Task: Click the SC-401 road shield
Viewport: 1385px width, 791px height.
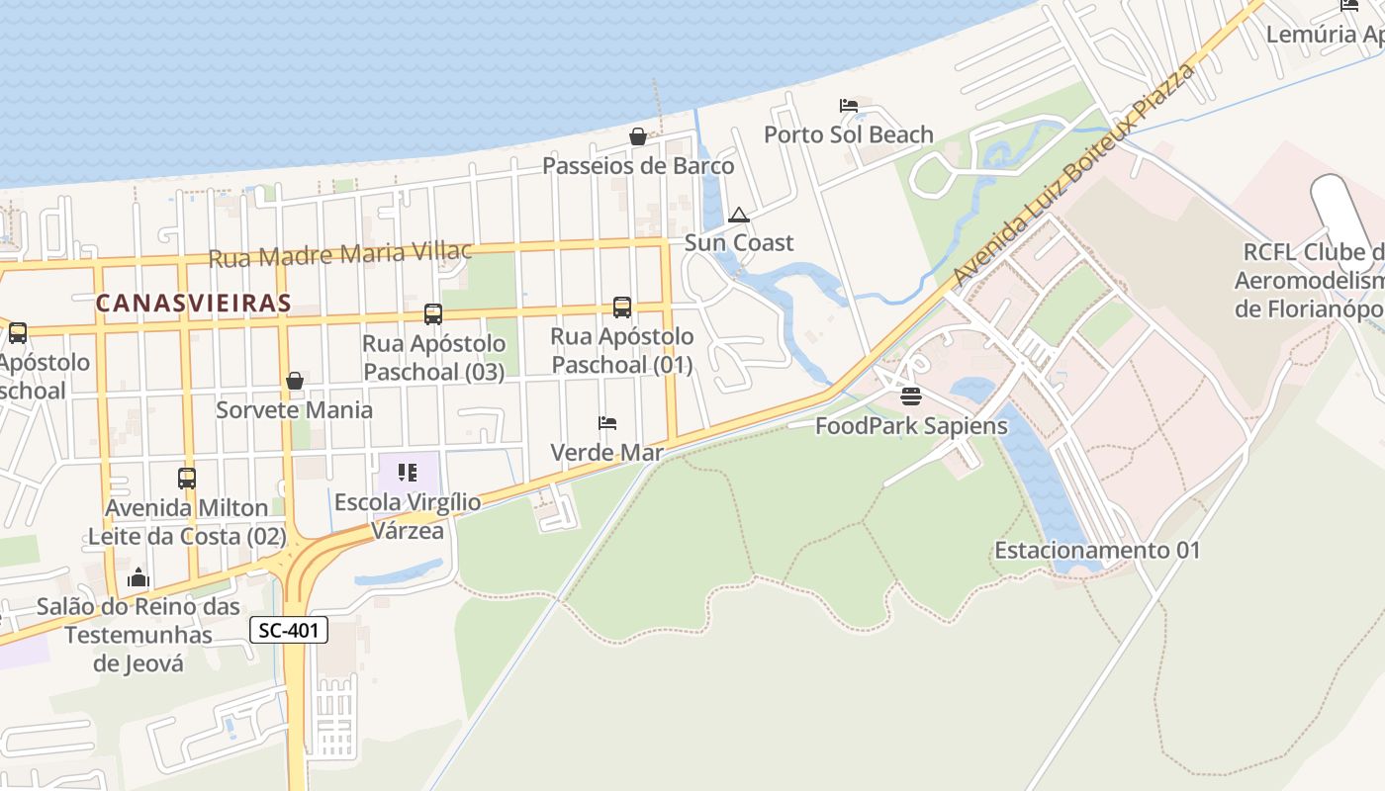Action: pyautogui.click(x=288, y=630)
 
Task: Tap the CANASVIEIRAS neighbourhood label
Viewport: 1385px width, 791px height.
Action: pyautogui.click(x=194, y=304)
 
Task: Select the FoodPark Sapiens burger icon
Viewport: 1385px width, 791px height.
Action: pyautogui.click(x=911, y=396)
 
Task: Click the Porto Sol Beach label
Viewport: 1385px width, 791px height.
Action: pyautogui.click(x=849, y=134)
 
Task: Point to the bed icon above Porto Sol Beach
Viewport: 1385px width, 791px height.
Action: pyautogui.click(x=849, y=105)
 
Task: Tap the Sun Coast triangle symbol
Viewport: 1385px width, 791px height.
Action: pyautogui.click(x=739, y=216)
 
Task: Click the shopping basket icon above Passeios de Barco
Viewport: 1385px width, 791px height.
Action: pyautogui.click(x=638, y=136)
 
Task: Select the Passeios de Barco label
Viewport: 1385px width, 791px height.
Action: pyautogui.click(x=638, y=165)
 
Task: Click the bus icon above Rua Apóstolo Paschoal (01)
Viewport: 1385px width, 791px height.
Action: pyautogui.click(x=622, y=308)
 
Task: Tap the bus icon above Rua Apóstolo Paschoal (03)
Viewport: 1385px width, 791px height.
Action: pyautogui.click(x=433, y=314)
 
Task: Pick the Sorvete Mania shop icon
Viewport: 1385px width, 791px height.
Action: pyautogui.click(x=295, y=381)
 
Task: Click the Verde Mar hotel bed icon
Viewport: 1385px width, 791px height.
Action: pyautogui.click(x=607, y=423)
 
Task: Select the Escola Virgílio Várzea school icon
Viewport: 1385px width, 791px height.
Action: pyautogui.click(x=407, y=473)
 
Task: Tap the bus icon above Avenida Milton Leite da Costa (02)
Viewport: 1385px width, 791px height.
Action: pyautogui.click(x=187, y=479)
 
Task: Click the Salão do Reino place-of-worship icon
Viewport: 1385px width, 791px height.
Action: pyautogui.click(x=138, y=577)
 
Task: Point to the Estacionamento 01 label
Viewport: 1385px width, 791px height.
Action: pyautogui.click(x=1097, y=550)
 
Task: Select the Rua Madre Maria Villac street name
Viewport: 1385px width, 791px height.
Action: pyautogui.click(x=340, y=254)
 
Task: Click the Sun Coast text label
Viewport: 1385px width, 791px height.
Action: pyautogui.click(x=739, y=242)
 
